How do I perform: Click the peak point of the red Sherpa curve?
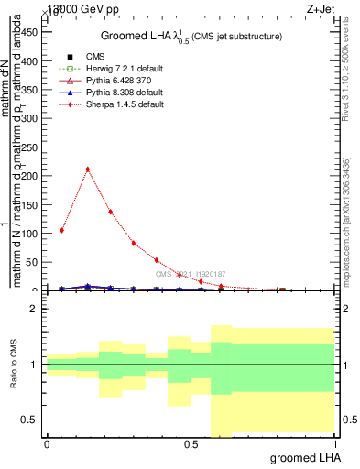87,169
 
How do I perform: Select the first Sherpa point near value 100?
61,230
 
